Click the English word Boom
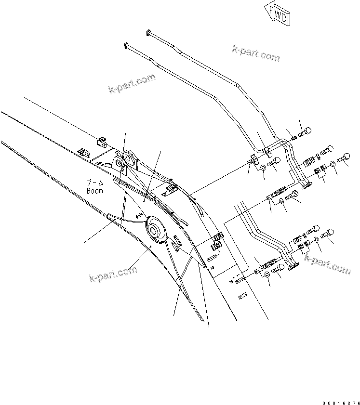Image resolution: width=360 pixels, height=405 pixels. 95,190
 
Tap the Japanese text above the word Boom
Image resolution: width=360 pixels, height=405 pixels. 95,183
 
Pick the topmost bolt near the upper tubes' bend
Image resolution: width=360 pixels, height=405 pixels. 306,130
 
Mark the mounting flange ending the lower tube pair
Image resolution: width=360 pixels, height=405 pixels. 293,265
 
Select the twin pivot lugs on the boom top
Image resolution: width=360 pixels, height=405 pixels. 124,159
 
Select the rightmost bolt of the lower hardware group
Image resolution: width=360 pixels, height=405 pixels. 330,233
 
